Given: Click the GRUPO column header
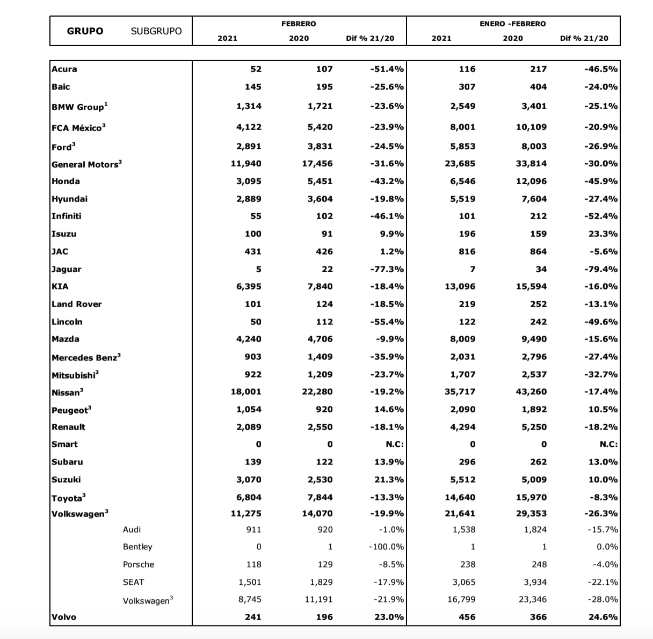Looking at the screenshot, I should (85, 31).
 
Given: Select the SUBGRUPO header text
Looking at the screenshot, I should (156, 31).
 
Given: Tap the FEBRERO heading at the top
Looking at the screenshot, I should (299, 24).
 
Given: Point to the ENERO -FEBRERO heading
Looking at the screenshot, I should (512, 24).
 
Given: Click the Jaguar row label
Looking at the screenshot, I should (67, 269).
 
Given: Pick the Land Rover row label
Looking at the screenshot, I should (77, 304).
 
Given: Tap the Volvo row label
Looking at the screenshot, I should (64, 617).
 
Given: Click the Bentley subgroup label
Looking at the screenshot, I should (137, 547).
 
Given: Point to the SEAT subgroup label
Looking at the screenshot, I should (133, 582).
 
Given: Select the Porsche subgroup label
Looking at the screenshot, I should (138, 564).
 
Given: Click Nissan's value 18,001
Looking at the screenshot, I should (246, 391).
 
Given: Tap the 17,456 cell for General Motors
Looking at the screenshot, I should (317, 163).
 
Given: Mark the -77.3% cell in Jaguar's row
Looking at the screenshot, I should (387, 269).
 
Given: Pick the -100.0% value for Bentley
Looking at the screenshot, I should (386, 547).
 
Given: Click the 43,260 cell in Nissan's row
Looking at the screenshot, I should (531, 391).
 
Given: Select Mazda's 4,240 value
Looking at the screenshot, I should (249, 339).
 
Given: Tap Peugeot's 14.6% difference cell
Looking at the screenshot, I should (389, 409).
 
